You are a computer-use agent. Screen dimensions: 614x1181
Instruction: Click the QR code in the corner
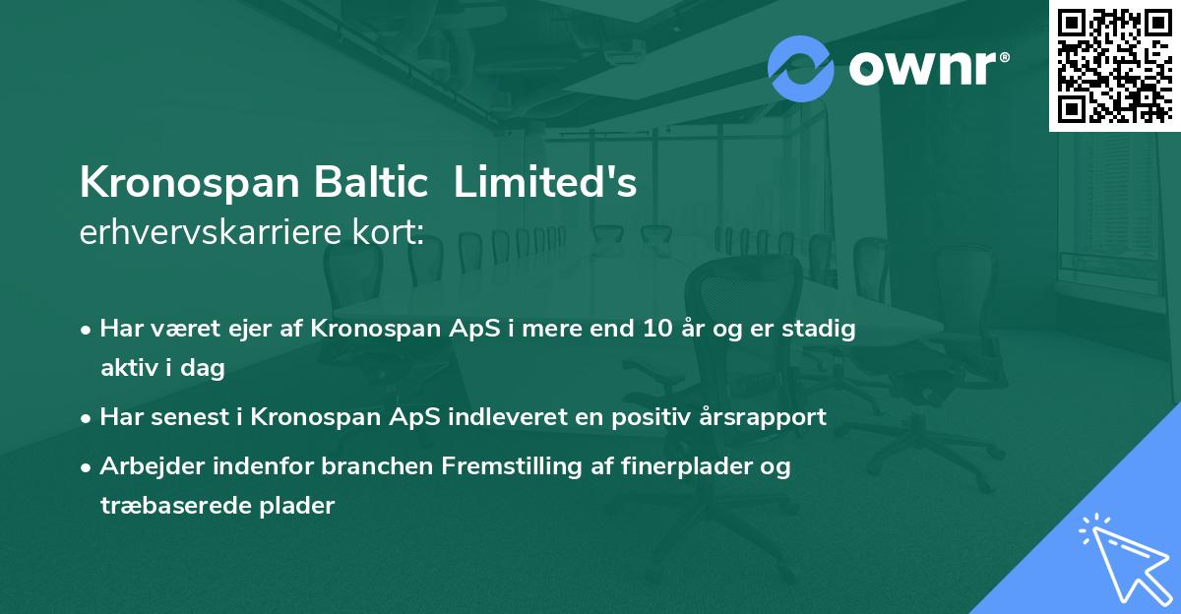(1114, 66)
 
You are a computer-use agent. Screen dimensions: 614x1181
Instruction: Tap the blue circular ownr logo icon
(801, 69)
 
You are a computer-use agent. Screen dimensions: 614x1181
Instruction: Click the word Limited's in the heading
(545, 183)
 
